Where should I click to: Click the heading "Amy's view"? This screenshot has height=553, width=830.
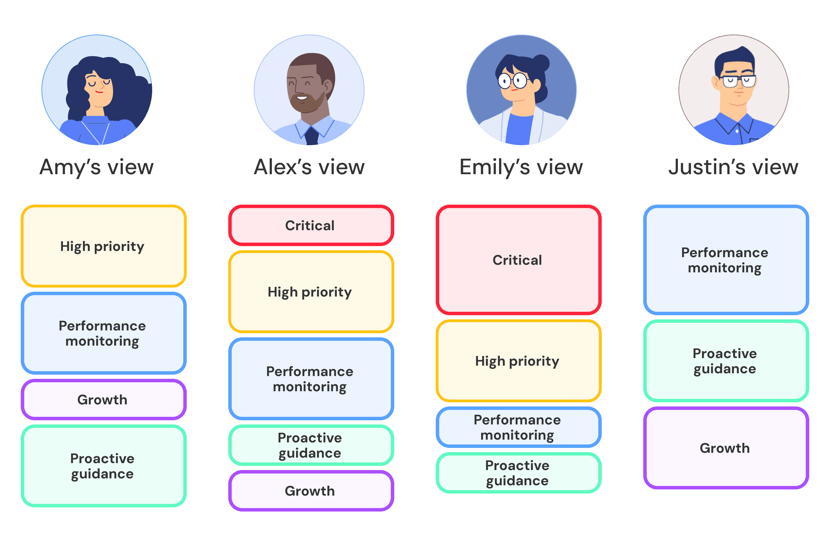(x=96, y=167)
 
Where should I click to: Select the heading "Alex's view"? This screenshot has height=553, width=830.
(x=309, y=167)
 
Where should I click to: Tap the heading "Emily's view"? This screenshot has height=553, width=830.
(x=521, y=167)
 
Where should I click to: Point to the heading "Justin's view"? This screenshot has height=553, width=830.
(x=733, y=167)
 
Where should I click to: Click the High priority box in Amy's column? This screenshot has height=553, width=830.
(x=103, y=246)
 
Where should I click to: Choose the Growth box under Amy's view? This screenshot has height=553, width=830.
(x=103, y=400)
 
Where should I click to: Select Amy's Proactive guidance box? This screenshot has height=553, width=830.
(x=103, y=466)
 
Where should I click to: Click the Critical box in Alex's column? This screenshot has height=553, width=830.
(x=311, y=225)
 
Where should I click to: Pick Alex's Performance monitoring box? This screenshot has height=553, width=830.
(x=311, y=379)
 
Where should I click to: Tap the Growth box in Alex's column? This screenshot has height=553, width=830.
(x=311, y=490)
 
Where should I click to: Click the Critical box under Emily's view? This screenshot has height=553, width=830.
(x=518, y=260)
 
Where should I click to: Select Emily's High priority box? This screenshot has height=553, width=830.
(x=518, y=361)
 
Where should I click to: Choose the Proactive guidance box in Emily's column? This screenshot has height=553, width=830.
(x=518, y=473)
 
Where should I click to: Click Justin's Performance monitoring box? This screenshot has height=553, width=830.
(x=726, y=260)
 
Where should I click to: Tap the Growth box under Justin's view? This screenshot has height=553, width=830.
(x=726, y=448)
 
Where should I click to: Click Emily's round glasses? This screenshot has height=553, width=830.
(x=513, y=81)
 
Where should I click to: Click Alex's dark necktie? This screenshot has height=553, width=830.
(x=312, y=136)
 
